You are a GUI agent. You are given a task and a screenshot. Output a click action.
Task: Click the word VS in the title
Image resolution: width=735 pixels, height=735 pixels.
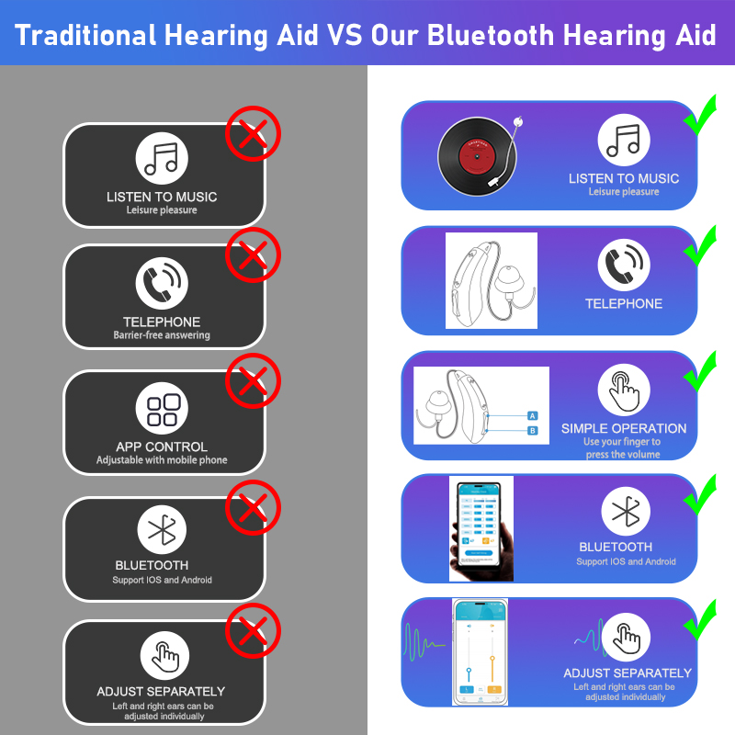pyautogui.click(x=344, y=36)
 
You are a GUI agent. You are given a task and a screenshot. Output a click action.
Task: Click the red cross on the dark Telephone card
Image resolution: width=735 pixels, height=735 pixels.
pyautogui.click(x=253, y=254)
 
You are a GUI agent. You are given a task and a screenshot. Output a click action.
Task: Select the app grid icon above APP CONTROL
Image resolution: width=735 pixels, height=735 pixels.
pyautogui.click(x=163, y=410)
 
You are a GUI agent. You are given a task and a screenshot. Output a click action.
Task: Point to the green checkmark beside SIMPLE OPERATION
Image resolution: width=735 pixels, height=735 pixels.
pyautogui.click(x=701, y=373)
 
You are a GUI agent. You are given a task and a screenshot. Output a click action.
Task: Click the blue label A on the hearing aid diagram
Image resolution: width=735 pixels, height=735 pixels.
pyautogui.click(x=531, y=415)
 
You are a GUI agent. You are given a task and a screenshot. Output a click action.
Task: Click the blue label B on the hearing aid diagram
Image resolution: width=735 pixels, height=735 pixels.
pyautogui.click(x=531, y=429)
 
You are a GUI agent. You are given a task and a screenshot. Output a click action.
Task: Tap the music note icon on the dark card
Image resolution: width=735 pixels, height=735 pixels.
pyautogui.click(x=163, y=158)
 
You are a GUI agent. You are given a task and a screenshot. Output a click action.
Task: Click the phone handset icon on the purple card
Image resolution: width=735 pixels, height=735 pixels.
pyautogui.click(x=624, y=266)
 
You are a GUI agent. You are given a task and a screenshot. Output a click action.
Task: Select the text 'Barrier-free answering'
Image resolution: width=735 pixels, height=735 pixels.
pyautogui.click(x=162, y=335)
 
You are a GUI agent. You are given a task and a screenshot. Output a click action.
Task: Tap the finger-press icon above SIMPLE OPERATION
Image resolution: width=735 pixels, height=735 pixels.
pyautogui.click(x=624, y=390)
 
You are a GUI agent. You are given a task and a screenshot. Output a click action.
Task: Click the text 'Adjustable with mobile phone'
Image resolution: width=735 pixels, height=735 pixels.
pyautogui.click(x=162, y=459)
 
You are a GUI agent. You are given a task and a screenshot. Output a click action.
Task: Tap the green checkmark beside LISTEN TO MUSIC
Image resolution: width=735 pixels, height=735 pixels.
pyautogui.click(x=701, y=119)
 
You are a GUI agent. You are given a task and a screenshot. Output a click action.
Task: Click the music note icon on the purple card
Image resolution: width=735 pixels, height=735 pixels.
pyautogui.click(x=624, y=141)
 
